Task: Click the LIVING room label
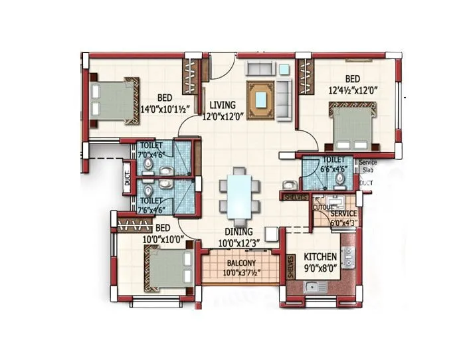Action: [x=223, y=105]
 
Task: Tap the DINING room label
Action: [x=237, y=231]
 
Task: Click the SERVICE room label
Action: [x=343, y=213]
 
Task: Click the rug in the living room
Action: [x=262, y=99]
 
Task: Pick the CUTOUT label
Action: [x=324, y=207]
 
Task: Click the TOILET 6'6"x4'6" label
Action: [x=331, y=165]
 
